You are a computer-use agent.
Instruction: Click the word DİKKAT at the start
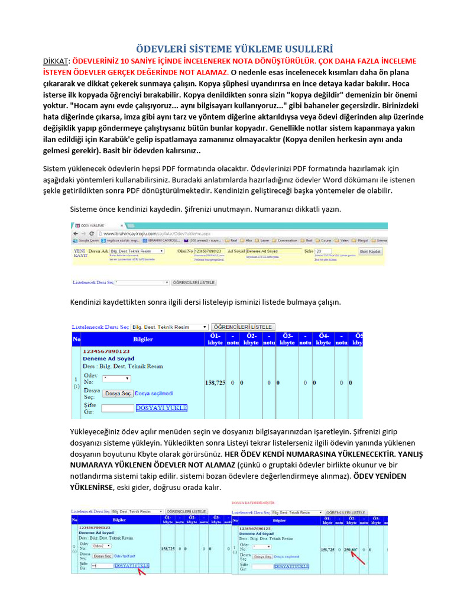pyautogui.click(x=57, y=61)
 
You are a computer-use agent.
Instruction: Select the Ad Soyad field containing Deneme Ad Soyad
pyautogui.click(x=270, y=251)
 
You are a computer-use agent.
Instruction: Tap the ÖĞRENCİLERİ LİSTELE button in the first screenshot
pyautogui.click(x=194, y=283)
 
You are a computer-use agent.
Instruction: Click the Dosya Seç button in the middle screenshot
pyautogui.click(x=118, y=393)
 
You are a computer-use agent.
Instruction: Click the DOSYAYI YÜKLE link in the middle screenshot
pyautogui.click(x=161, y=408)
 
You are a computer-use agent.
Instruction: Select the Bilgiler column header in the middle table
pyautogui.click(x=142, y=339)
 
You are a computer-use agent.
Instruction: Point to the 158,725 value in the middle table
pyautogui.click(x=215, y=383)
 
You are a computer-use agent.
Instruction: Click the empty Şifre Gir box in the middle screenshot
pyautogui.click(x=118, y=408)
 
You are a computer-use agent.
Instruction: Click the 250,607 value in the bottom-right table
pyautogui.click(x=351, y=549)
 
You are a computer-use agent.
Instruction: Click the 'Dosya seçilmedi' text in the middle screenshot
pyautogui.click(x=154, y=393)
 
